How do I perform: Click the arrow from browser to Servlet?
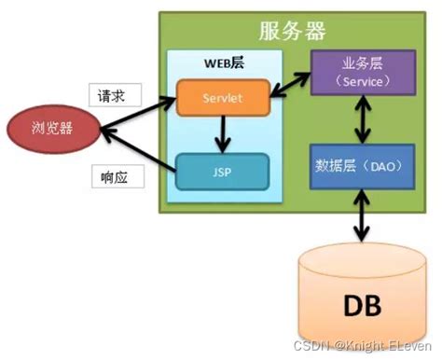pos(131,113)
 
